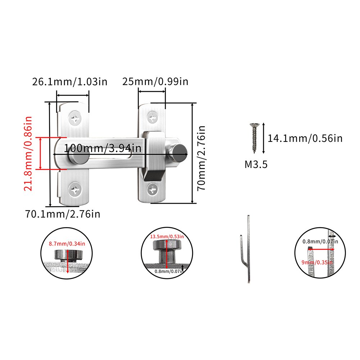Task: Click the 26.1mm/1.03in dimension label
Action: [x=69, y=81]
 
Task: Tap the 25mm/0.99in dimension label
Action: [x=155, y=81]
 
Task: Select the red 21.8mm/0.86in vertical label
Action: [x=28, y=153]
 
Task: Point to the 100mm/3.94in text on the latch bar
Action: [x=102, y=148]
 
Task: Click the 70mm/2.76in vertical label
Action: [x=201, y=158]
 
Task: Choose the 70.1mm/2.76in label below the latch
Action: [x=63, y=214]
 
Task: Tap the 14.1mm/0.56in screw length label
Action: [x=305, y=138]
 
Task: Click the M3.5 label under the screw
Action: [x=256, y=165]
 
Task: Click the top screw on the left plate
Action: [x=75, y=119]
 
